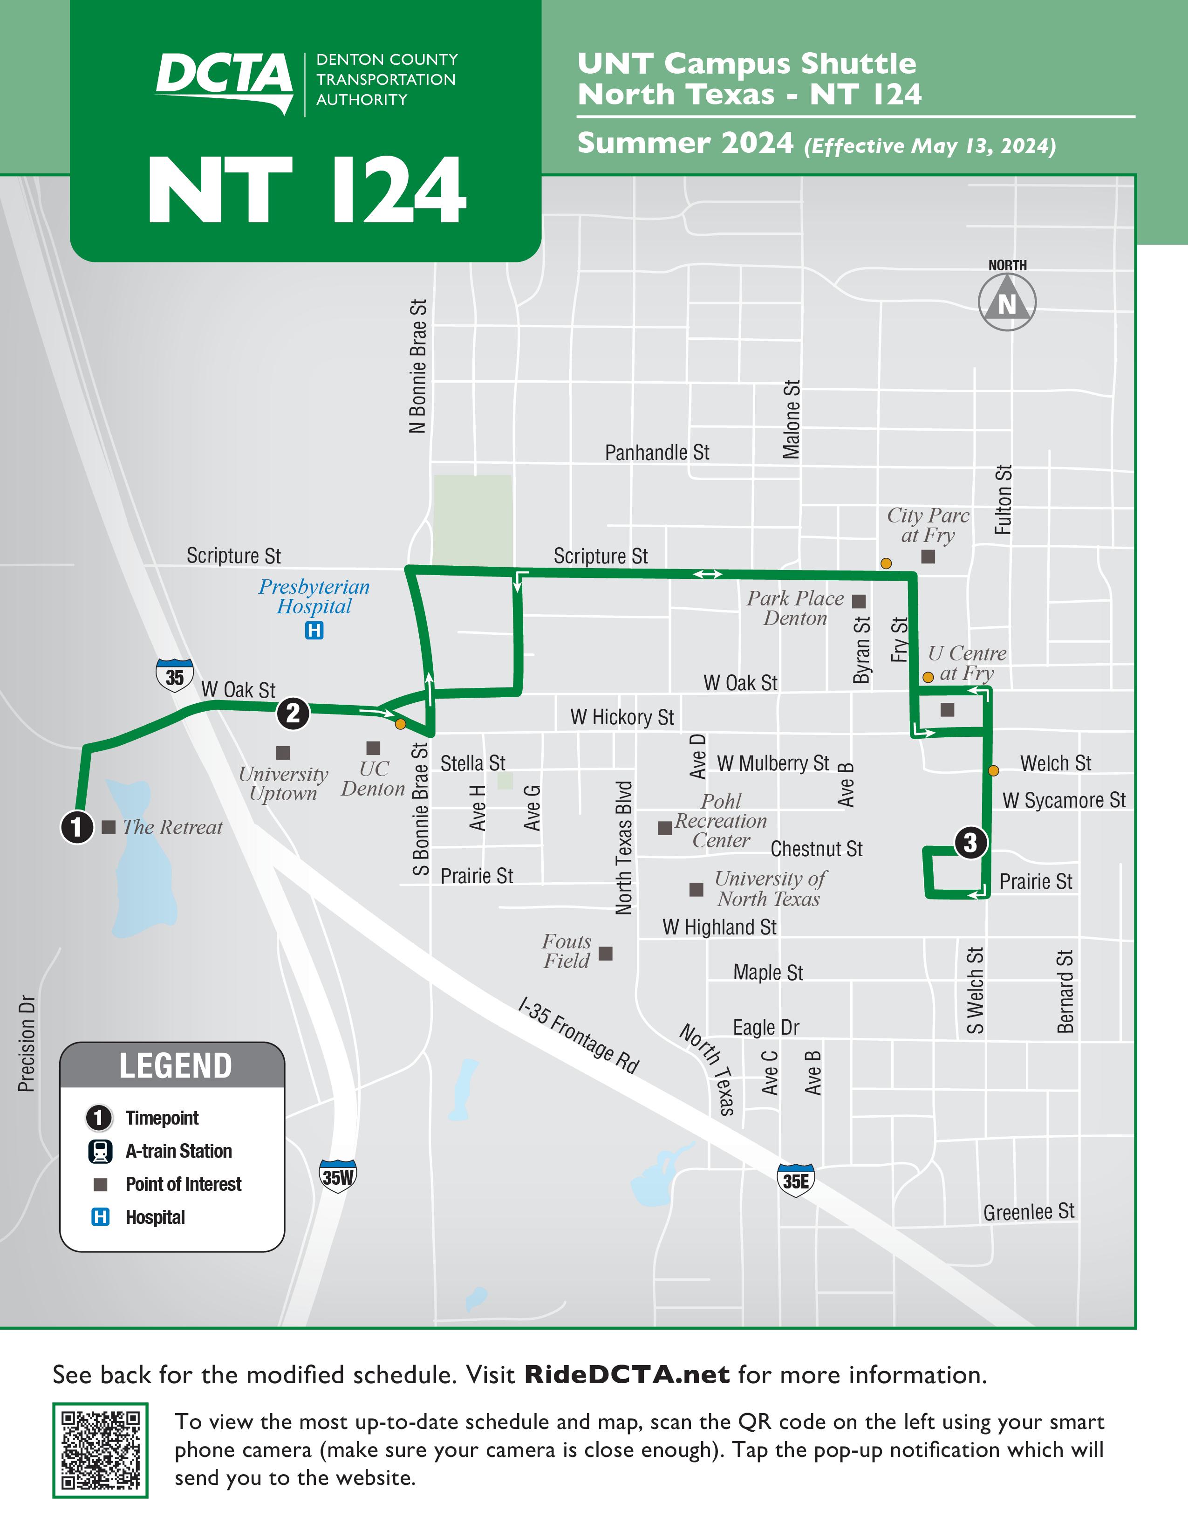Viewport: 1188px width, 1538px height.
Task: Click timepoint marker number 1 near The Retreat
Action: pos(77,827)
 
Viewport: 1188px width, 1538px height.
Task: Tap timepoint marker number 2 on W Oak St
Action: pos(293,714)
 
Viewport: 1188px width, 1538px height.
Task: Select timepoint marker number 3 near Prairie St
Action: pos(970,842)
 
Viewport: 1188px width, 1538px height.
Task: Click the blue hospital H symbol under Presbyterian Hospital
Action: pos(314,630)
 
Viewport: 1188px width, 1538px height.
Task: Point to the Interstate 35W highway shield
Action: pos(338,1176)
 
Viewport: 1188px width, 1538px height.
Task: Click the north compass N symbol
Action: pos(1007,302)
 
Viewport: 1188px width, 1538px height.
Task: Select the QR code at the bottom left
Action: pos(100,1450)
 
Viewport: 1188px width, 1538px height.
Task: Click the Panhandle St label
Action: pos(656,453)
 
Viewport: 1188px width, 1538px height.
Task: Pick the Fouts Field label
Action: pos(567,951)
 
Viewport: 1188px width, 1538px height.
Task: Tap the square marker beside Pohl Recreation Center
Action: pos(664,828)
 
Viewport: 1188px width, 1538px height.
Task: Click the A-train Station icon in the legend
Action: pos(100,1151)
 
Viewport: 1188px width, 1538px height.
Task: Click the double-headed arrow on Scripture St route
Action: pos(707,575)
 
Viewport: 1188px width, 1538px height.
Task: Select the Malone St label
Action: pos(792,420)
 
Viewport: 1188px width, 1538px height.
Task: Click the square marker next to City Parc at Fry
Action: pos(929,557)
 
